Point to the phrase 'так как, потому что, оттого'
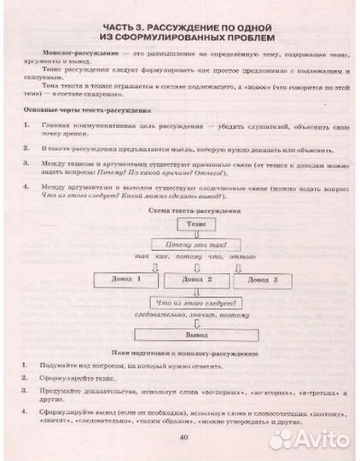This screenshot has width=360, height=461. [x=195, y=257]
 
